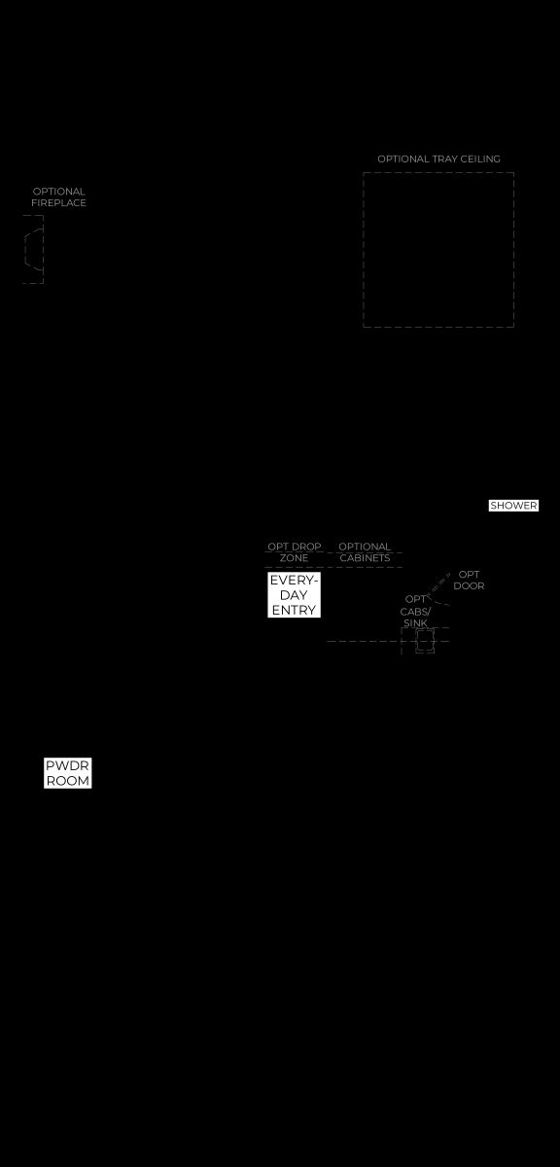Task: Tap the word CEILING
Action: [x=480, y=159]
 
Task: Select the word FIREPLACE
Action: [x=58, y=202]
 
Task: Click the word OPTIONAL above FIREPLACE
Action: [x=59, y=192]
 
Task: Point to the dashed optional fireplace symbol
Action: [x=33, y=250]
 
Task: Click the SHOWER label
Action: [x=513, y=506]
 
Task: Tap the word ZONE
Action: [x=294, y=558]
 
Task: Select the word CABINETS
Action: [x=365, y=558]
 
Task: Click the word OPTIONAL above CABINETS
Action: [x=365, y=547]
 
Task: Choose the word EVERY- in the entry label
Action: [x=294, y=581]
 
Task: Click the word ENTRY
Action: [x=294, y=610]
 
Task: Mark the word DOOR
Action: [x=469, y=585]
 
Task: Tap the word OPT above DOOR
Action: [x=469, y=574]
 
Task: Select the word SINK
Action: [x=415, y=622]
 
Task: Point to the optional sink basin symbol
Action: [x=425, y=640]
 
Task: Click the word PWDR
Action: [x=67, y=766]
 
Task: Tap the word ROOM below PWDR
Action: [x=68, y=781]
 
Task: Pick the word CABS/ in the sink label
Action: [x=415, y=612]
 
